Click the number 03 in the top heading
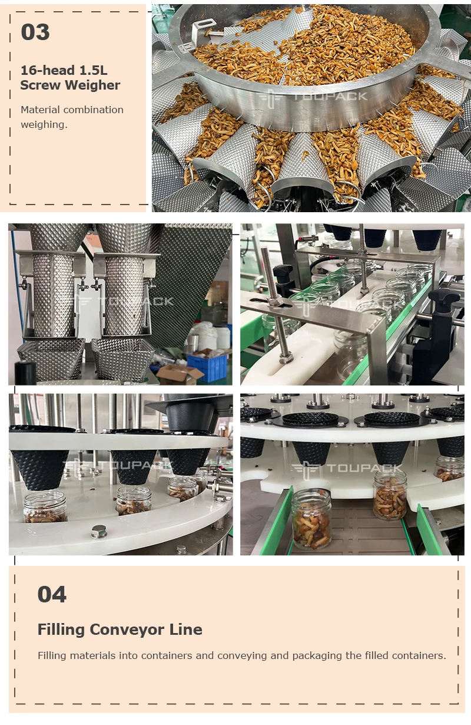[35, 32]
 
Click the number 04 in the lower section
[52, 594]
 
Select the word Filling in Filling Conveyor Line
[61, 630]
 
